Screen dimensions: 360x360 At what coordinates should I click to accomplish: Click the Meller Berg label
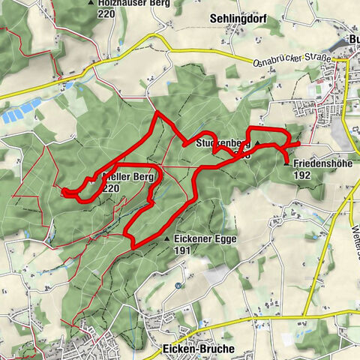(127, 177)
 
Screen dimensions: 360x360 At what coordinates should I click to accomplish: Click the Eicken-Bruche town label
(198, 349)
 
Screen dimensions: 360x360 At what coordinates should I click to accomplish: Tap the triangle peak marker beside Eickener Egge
(166, 238)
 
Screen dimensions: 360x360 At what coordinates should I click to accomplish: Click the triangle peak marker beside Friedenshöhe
(286, 162)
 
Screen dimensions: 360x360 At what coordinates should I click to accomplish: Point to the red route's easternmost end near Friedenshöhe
(299, 142)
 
